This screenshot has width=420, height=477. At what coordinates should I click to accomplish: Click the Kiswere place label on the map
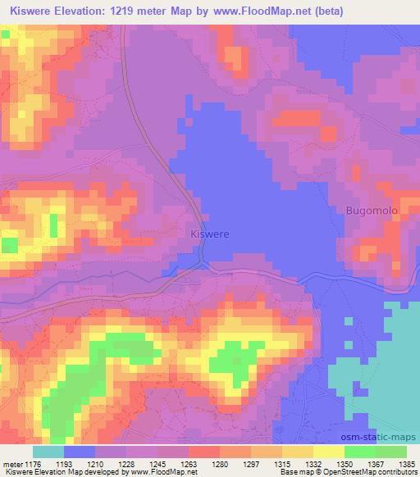[x=209, y=234]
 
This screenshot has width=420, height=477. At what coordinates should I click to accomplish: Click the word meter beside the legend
[x=12, y=465]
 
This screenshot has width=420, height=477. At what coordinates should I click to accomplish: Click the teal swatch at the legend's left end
[x=48, y=452]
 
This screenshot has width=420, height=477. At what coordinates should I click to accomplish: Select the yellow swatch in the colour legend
[x=329, y=452]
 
